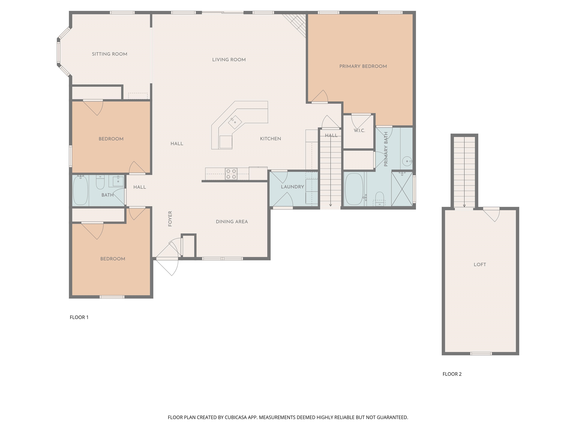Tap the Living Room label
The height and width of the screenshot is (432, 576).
click(x=229, y=60)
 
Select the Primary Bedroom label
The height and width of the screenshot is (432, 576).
click(x=363, y=66)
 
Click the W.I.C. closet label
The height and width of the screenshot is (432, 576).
click(x=359, y=130)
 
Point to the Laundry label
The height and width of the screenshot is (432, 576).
click(x=292, y=187)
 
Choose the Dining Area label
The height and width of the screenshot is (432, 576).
click(x=232, y=222)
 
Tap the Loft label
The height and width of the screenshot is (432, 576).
click(x=480, y=265)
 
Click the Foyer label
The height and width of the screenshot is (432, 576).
click(x=170, y=219)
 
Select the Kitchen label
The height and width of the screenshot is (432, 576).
click(x=271, y=139)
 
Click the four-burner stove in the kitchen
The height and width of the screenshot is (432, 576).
click(x=231, y=174)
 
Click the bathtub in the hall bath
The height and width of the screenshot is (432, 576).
click(x=80, y=190)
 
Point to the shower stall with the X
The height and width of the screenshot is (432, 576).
click(x=402, y=189)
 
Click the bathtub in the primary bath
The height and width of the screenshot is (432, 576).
click(x=354, y=189)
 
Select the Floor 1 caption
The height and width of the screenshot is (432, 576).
click(x=79, y=317)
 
